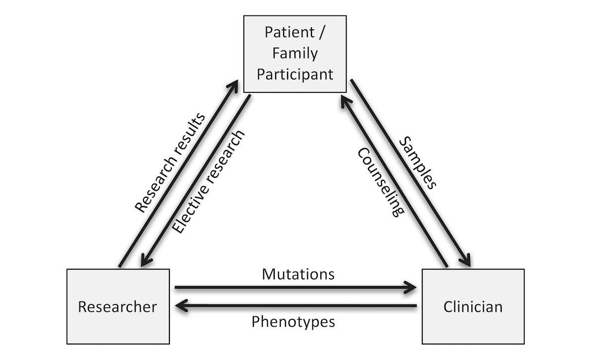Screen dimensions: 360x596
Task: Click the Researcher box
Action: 118,306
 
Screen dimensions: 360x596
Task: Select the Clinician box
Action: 473,306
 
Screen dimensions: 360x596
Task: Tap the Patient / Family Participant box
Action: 295,54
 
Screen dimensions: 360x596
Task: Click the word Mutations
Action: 298,274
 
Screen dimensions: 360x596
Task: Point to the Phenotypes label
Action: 293,322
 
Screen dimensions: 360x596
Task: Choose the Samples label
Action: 418,162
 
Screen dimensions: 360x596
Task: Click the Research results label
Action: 170,163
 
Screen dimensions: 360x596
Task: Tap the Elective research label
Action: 208,182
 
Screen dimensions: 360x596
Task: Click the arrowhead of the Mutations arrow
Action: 411,287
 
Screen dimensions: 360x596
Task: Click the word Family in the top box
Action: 295,53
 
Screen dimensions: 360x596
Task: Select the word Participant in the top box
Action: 295,74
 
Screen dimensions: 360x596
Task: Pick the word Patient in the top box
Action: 290,32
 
